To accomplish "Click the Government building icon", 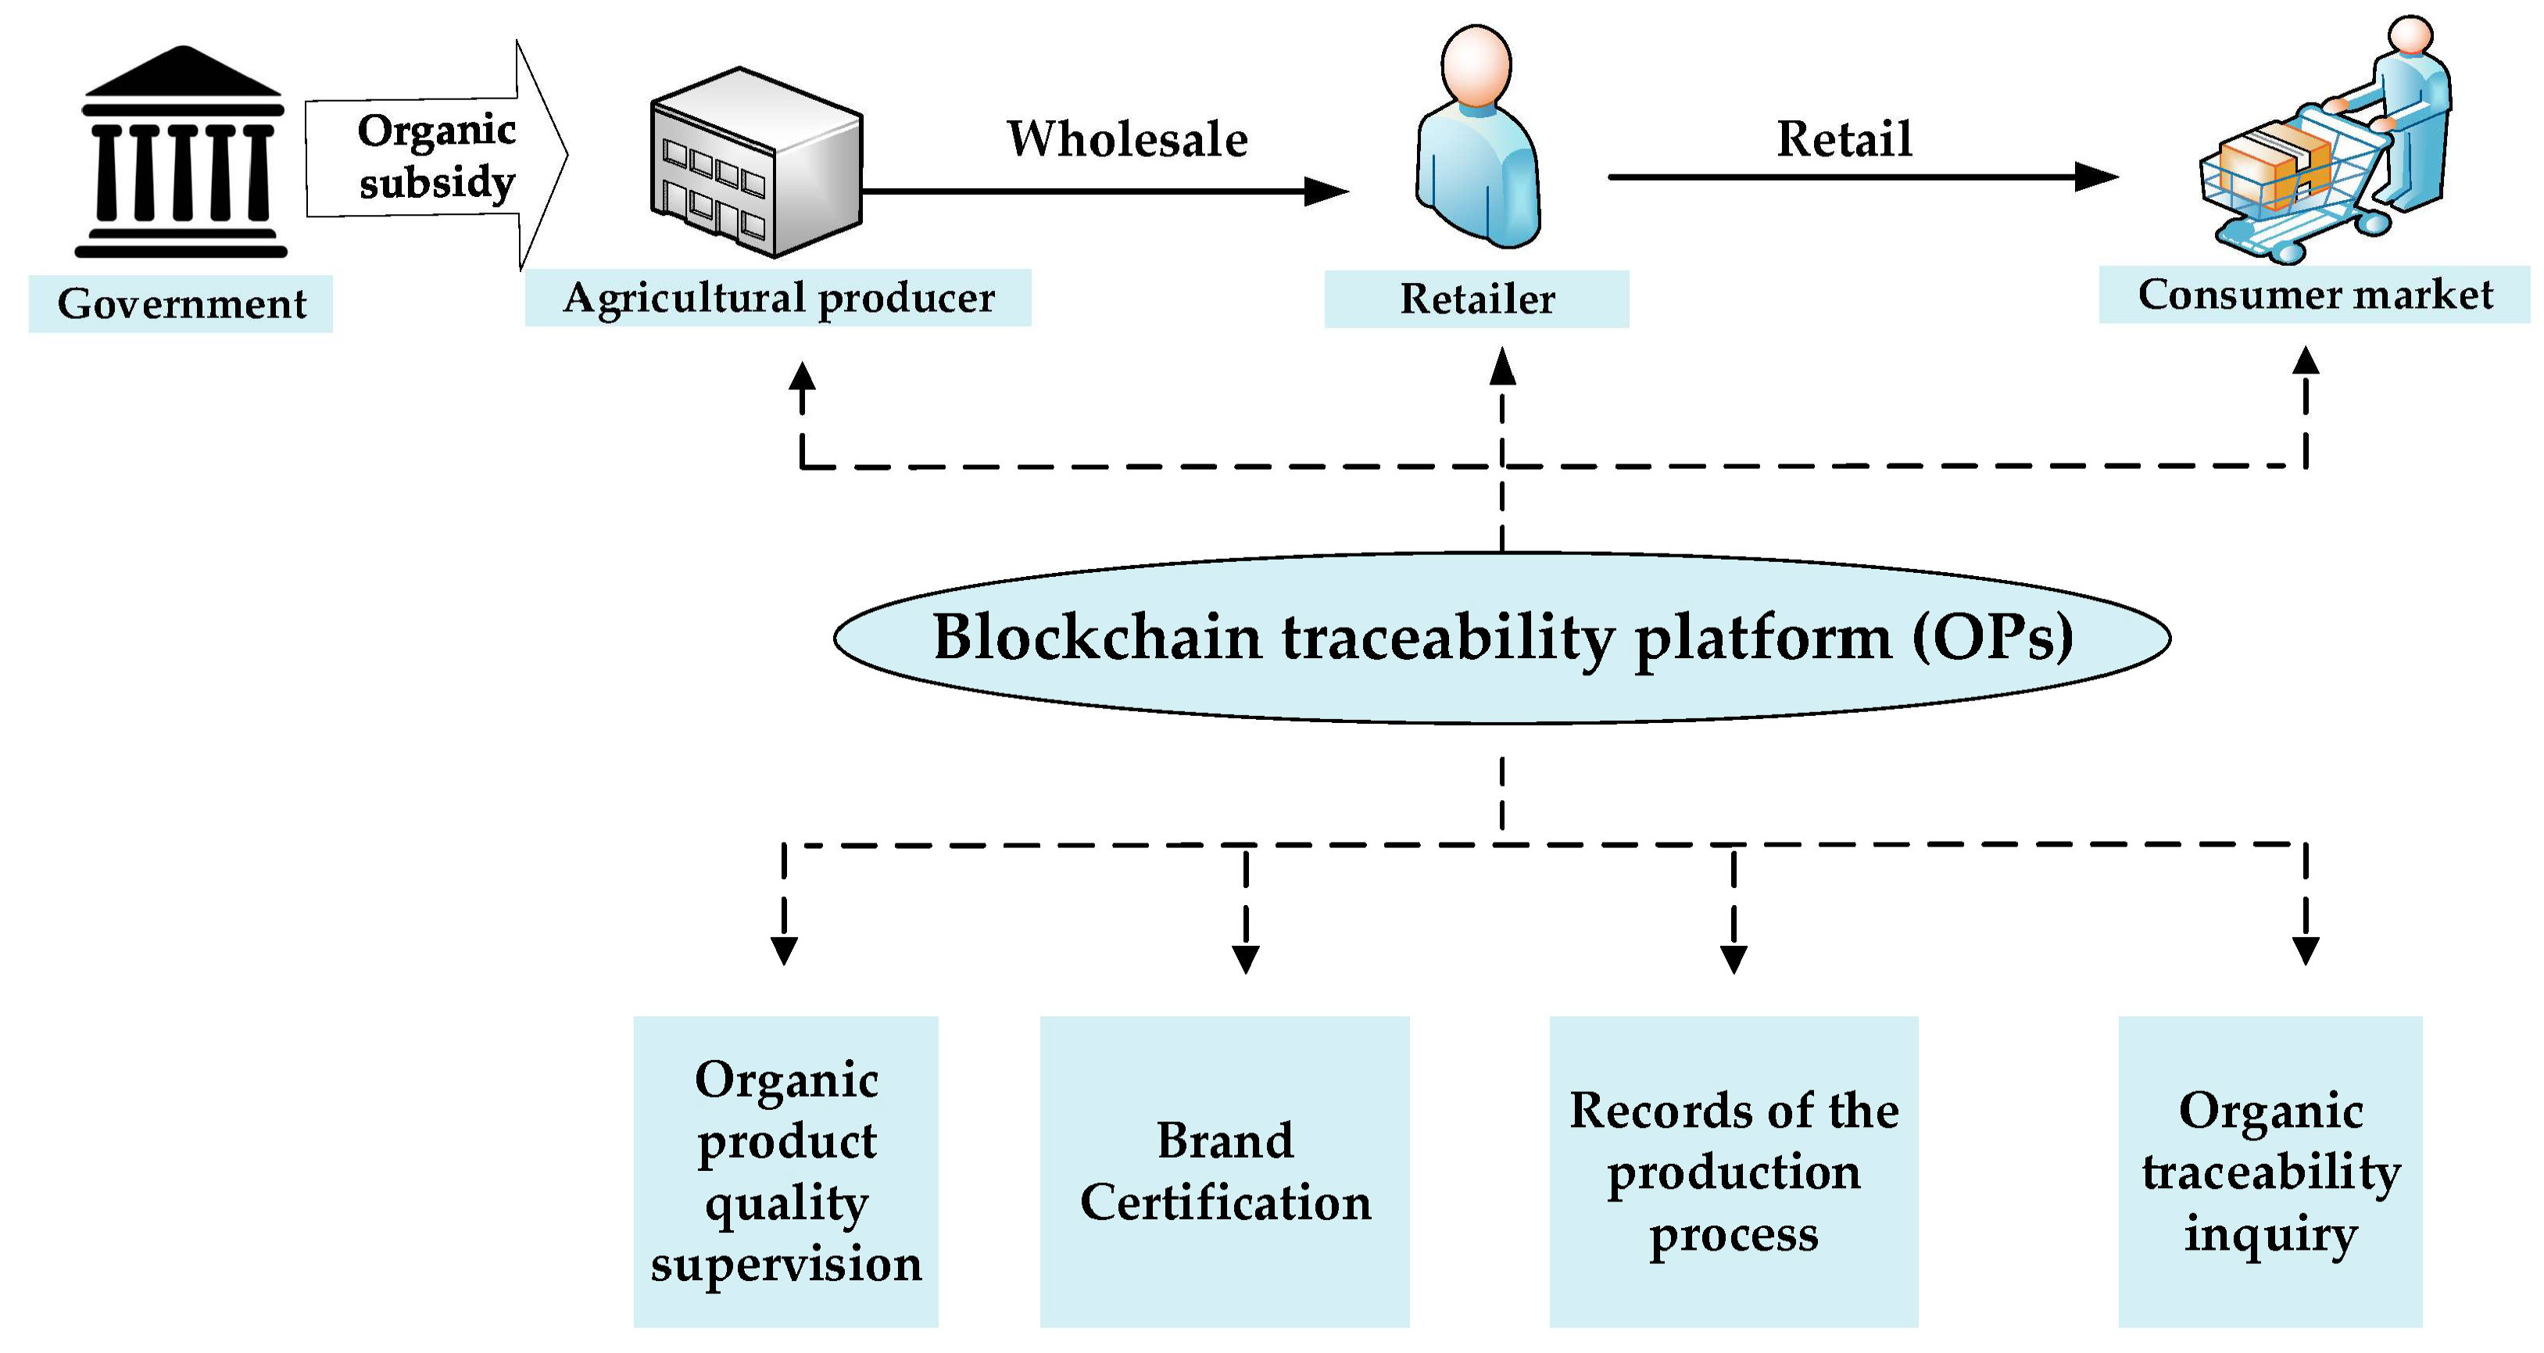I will [181, 153].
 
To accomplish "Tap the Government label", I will [181, 304].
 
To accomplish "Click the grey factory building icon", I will [756, 163].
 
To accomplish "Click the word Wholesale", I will [1127, 139].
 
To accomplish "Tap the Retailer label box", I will [1476, 299].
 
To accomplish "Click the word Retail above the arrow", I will [1844, 139].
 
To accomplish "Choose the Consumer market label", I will [2314, 295].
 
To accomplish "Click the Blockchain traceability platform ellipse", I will [1501, 638].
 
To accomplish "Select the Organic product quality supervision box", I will [786, 1172].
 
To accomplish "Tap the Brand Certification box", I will [1225, 1172].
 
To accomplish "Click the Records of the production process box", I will [1734, 1172].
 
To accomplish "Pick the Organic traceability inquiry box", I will [2270, 1172].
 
